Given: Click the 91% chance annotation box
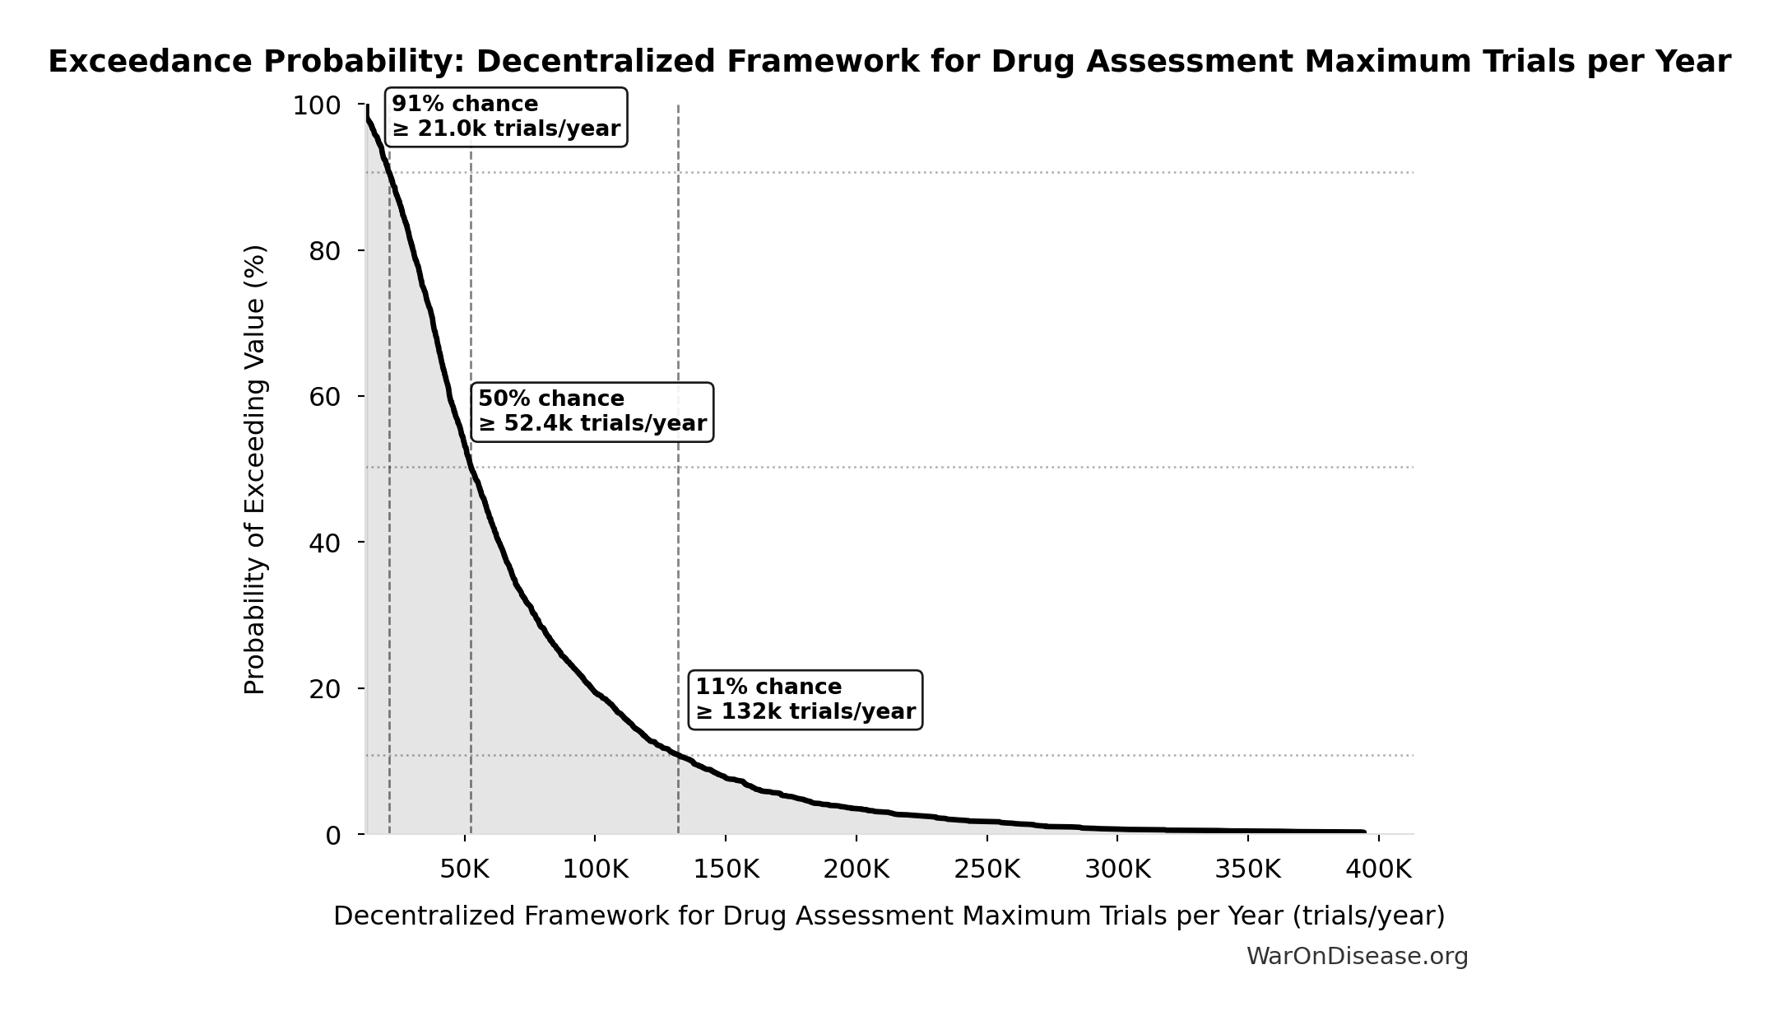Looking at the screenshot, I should click(x=506, y=117).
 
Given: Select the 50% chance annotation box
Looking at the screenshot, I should click(x=592, y=412).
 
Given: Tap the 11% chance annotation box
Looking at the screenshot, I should click(x=805, y=700).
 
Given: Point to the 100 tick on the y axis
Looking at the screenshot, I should click(x=317, y=106).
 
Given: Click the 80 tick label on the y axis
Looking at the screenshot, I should click(x=325, y=252).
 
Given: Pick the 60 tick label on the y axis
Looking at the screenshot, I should click(x=325, y=398).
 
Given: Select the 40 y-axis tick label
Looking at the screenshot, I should click(x=325, y=543).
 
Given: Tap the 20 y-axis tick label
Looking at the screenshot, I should click(x=325, y=689).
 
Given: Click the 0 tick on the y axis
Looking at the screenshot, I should click(x=332, y=836).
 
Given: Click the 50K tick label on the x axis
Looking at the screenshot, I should click(x=464, y=869).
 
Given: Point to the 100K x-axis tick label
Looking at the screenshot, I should click(x=595, y=869).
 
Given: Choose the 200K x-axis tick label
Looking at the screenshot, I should click(x=857, y=869).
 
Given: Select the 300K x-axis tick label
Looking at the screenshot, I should click(x=1117, y=869).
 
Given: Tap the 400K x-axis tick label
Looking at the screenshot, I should click(x=1379, y=869).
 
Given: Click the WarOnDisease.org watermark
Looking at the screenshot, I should click(x=1357, y=957).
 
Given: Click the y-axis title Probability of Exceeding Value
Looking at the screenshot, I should click(x=255, y=469).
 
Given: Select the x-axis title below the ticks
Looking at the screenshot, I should click(x=889, y=916).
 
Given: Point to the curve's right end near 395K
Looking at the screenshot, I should click(x=1363, y=832).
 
